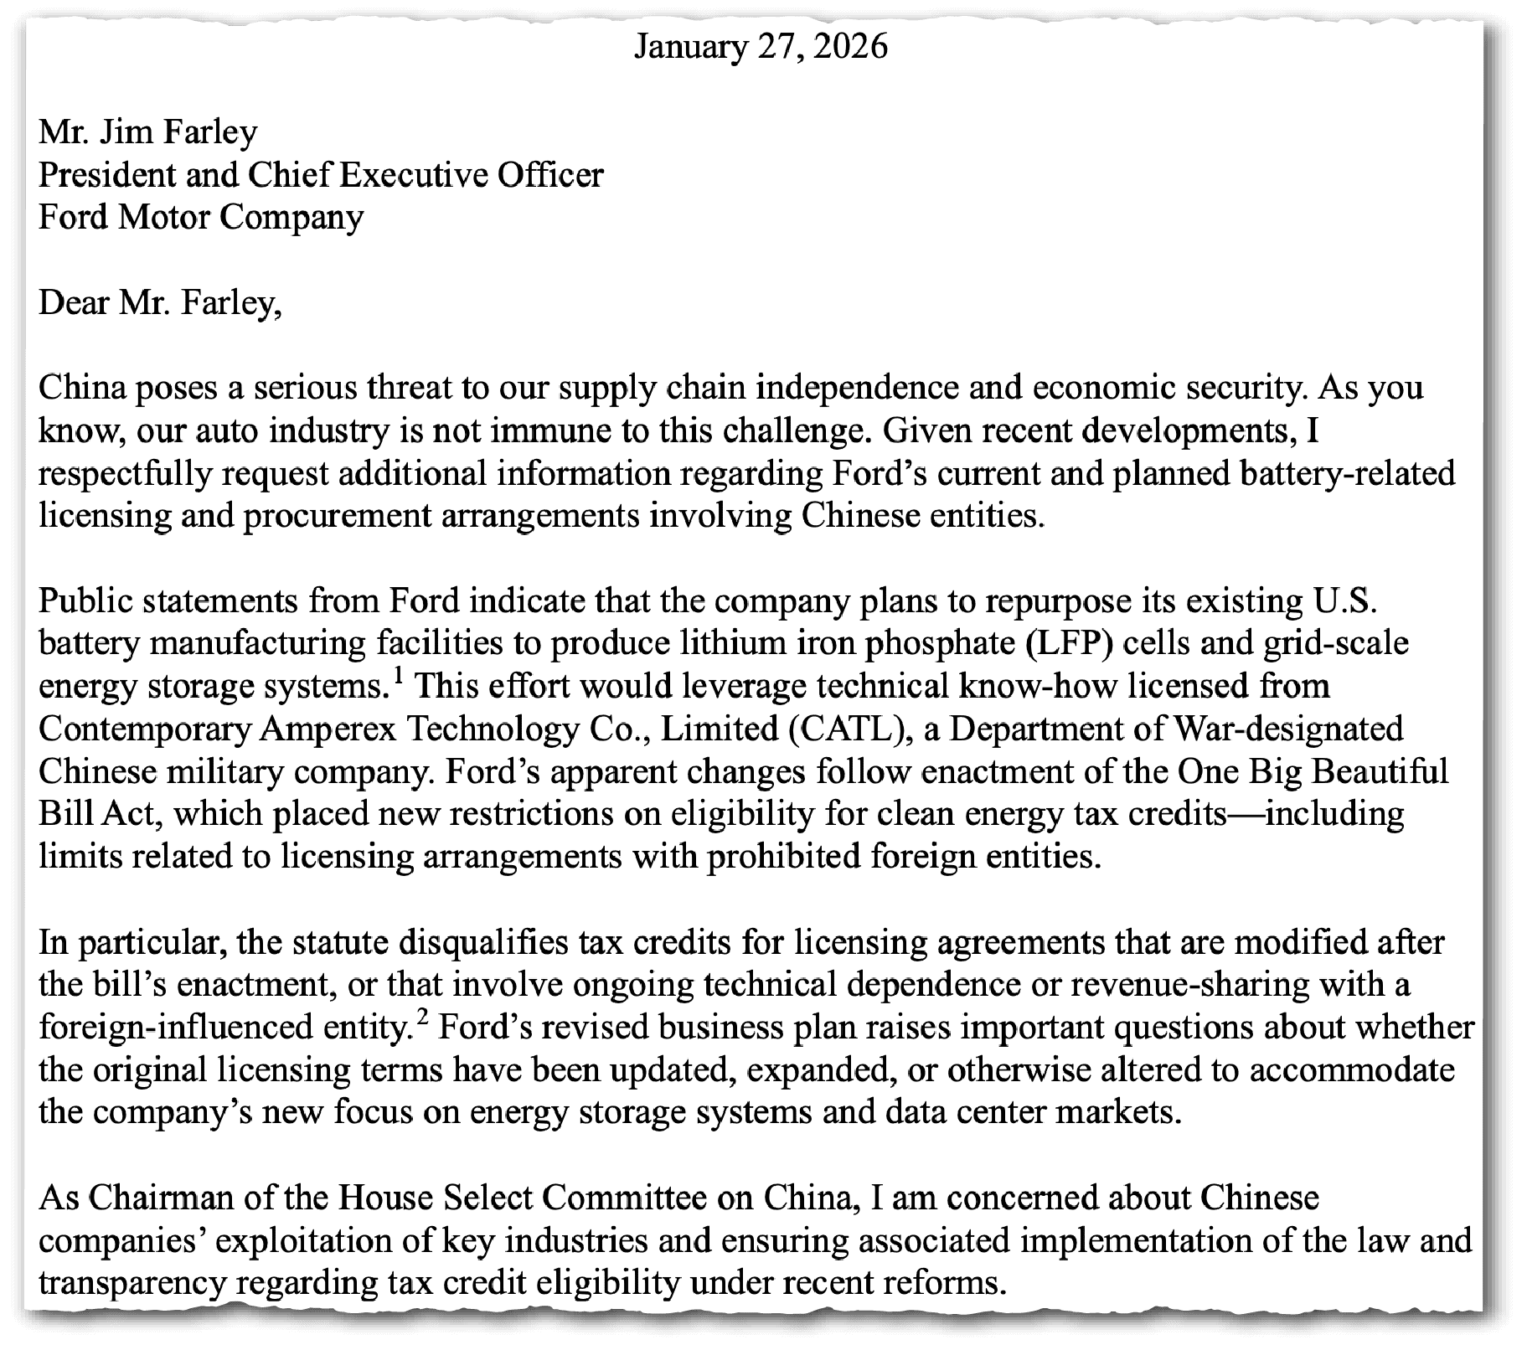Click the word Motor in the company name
163,218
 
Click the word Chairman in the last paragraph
160,1198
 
